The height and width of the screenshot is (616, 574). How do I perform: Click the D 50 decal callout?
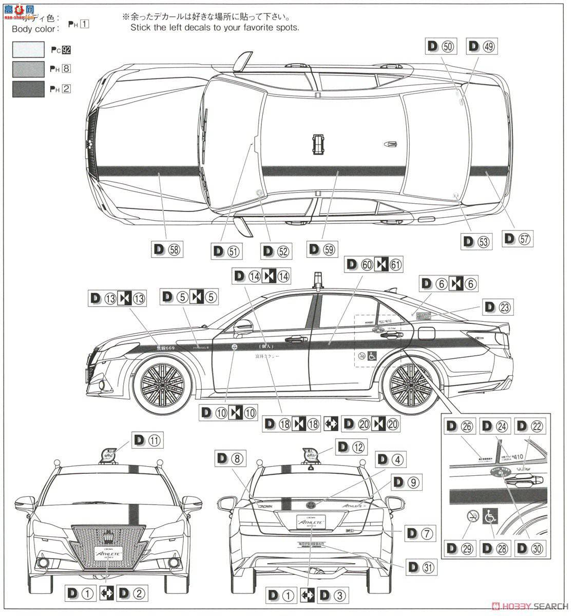441,46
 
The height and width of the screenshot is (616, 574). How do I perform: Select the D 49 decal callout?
482,46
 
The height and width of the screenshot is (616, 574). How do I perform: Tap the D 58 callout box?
167,249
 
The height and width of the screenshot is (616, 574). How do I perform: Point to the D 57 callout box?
518,238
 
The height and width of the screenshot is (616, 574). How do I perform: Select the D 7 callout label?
420,532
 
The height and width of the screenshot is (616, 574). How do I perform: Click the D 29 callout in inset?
458,548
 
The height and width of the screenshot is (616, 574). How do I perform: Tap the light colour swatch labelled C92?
29,50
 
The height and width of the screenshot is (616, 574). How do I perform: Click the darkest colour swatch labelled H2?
29,88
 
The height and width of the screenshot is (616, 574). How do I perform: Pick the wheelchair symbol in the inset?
490,517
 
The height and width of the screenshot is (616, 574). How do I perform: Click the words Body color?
33,29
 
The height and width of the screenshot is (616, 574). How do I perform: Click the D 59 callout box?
321,249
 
